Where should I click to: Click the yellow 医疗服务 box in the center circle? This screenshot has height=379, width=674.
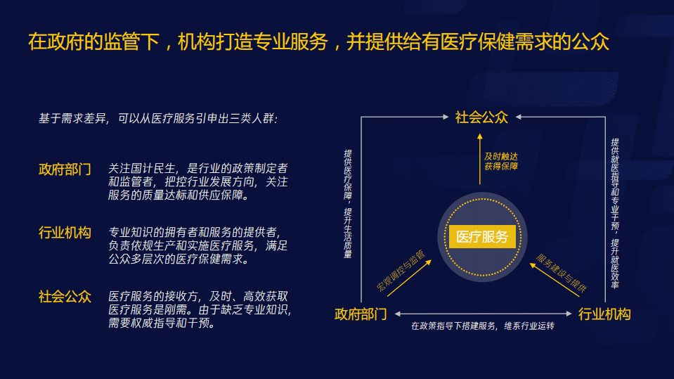[x=482, y=237]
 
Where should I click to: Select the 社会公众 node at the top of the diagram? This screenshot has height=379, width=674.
[x=481, y=117]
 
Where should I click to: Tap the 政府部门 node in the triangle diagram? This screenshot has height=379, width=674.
[x=361, y=314]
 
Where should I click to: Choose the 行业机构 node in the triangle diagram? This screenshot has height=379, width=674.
[x=604, y=314]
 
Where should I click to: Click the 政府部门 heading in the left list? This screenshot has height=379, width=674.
[x=65, y=169]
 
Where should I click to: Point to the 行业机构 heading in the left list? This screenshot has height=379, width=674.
[x=65, y=233]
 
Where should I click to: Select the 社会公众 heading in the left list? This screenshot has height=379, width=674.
[x=65, y=296]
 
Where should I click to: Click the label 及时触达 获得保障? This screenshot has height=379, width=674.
[x=500, y=161]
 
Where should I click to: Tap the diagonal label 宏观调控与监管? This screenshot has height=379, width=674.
[x=401, y=270]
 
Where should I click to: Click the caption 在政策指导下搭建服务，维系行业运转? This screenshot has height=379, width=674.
[x=482, y=326]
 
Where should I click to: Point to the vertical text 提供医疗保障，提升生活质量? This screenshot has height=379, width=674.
[x=348, y=204]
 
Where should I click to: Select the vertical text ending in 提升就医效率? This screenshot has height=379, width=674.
[x=614, y=204]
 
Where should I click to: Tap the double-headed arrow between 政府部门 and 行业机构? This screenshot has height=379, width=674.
[x=482, y=314]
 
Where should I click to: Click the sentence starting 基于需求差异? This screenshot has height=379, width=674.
[x=158, y=118]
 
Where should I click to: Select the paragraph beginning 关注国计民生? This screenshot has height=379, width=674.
[x=197, y=182]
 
